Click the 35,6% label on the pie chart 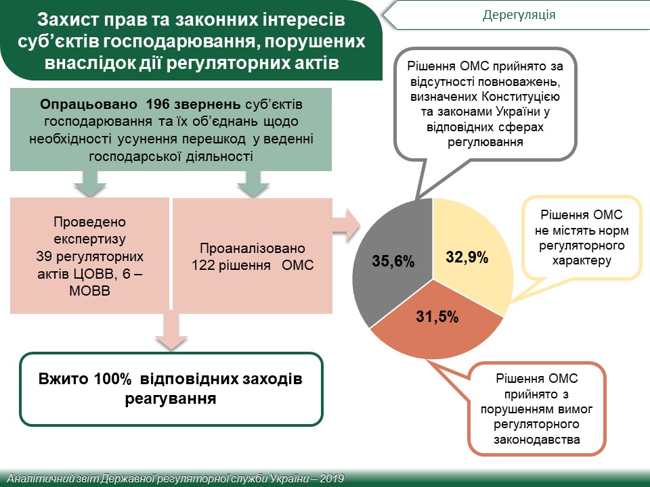(x=393, y=261)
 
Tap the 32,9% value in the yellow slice (x=467, y=257)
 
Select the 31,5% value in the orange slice (x=437, y=317)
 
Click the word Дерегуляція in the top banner (x=519, y=15)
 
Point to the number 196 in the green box (x=158, y=104)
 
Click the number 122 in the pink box (x=202, y=264)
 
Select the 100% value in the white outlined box (x=113, y=379)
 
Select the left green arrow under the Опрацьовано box (x=90, y=183)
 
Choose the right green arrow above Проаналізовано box (x=253, y=183)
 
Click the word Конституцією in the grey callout (x=520, y=97)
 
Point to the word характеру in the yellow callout (x=582, y=260)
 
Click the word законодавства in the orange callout (x=536, y=440)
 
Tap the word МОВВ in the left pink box (x=89, y=291)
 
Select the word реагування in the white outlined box (x=171, y=399)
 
